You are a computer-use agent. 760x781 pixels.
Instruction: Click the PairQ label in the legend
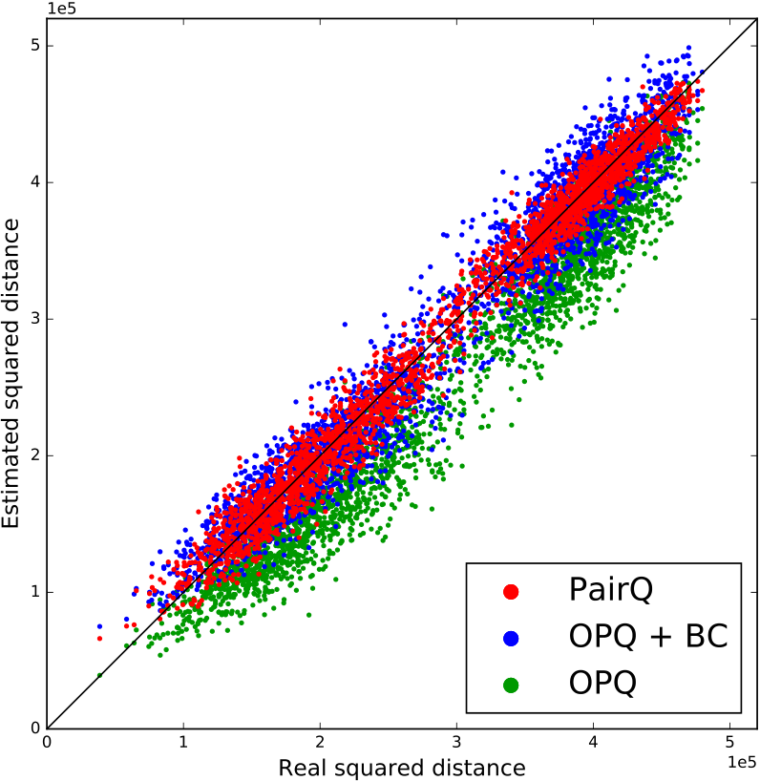(x=611, y=590)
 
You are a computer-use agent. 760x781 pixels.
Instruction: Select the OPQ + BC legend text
(x=648, y=636)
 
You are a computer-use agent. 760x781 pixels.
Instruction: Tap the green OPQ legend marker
(x=511, y=686)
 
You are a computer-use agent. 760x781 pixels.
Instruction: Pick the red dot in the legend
(x=511, y=592)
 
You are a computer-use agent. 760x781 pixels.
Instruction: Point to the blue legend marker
(x=511, y=639)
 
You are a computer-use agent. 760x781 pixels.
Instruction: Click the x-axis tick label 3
(x=456, y=742)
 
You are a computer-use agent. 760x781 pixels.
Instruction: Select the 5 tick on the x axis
(x=729, y=742)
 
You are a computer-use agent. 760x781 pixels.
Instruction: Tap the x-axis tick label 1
(x=183, y=742)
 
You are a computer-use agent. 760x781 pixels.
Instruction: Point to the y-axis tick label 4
(x=35, y=182)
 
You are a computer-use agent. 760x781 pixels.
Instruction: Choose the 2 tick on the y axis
(x=35, y=455)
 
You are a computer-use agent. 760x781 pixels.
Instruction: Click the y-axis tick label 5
(x=35, y=46)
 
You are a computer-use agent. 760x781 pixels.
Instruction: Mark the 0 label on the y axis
(x=35, y=728)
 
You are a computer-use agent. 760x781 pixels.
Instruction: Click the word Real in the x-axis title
(x=301, y=768)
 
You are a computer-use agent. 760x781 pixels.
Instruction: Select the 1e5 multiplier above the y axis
(x=61, y=8)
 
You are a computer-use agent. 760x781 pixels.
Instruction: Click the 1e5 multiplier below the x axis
(x=742, y=762)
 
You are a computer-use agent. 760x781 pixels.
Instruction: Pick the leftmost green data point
(x=99, y=675)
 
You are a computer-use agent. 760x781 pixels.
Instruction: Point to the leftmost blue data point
(x=99, y=626)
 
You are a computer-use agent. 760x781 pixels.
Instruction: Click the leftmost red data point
(x=99, y=639)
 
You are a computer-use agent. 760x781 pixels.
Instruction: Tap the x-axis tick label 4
(x=593, y=742)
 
